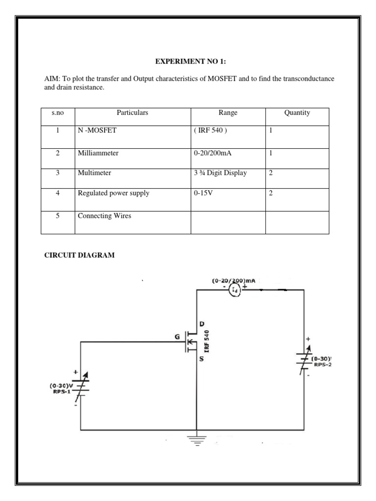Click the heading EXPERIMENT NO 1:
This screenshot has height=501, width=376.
[x=191, y=61]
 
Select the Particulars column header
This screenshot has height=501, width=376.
[x=132, y=113]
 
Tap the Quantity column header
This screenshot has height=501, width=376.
[x=297, y=113]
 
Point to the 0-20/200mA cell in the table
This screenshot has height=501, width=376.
[x=212, y=153]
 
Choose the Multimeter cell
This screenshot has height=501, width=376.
[x=94, y=173]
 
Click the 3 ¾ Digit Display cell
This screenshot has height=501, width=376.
[x=220, y=173]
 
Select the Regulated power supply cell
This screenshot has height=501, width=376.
[x=114, y=193]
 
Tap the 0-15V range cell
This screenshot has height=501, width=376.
[x=202, y=193]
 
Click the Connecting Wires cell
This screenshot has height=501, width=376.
[x=104, y=216]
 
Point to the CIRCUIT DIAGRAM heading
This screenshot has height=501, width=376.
[x=79, y=255]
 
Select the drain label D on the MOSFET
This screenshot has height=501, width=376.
[x=202, y=323]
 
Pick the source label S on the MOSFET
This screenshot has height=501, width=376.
[x=202, y=359]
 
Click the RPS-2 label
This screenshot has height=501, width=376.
[x=323, y=364]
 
